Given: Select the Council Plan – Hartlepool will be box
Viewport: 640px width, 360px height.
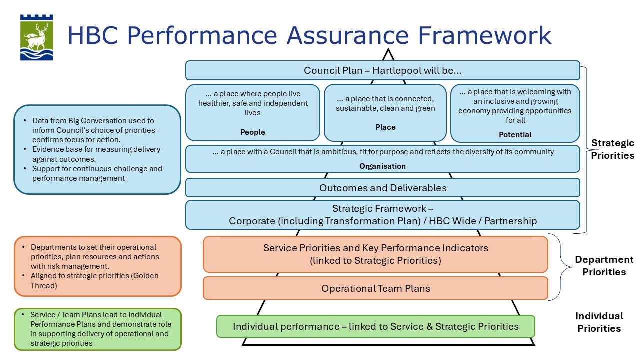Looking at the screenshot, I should (x=382, y=70).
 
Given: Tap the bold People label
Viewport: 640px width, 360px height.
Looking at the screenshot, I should (x=253, y=132).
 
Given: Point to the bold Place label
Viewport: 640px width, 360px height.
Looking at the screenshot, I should (x=385, y=127).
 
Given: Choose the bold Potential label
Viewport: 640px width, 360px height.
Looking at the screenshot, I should (x=515, y=135).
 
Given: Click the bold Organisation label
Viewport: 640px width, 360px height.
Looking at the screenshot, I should (x=383, y=166).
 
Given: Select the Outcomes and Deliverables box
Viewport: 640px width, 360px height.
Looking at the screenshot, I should (x=383, y=188).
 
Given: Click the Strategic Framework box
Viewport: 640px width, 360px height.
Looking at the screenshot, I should (x=383, y=215).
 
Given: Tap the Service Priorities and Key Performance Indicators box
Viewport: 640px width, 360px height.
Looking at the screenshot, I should (x=375, y=254).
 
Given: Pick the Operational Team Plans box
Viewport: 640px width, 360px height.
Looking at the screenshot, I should (x=375, y=288).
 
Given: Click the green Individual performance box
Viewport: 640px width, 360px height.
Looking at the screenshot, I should (x=375, y=326).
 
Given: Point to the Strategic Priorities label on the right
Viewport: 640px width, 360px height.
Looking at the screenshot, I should (x=612, y=149).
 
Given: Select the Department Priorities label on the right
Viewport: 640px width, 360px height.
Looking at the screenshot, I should (x=604, y=266).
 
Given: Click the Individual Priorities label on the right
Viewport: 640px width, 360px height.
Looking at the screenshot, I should (x=599, y=322).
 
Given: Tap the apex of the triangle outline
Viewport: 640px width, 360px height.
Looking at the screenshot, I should (x=388, y=50).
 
